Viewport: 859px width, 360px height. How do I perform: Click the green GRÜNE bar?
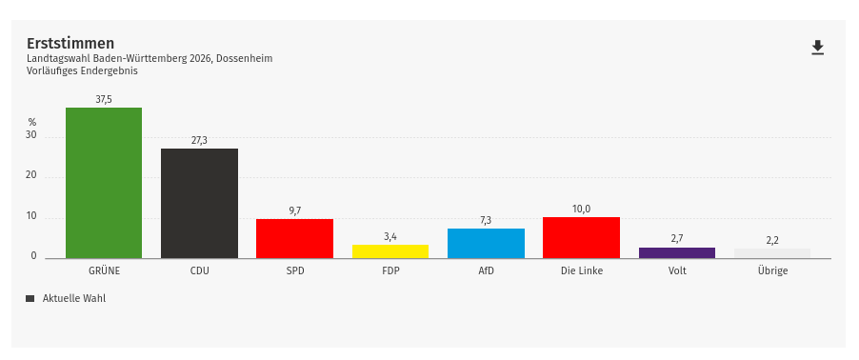coord(104,183)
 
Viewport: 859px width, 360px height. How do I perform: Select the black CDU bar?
coord(199,203)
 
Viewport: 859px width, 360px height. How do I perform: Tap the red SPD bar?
coord(294,238)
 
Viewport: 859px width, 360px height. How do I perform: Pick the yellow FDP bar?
coord(390,251)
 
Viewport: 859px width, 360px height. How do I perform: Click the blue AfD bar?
coord(486,243)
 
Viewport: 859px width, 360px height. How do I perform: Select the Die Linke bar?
coord(581,238)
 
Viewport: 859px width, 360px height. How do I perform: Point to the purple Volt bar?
coord(676,252)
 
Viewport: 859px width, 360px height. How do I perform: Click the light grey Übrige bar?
coord(771,253)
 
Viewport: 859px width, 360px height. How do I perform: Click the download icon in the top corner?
coord(817,48)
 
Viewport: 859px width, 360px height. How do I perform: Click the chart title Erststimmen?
coord(70,43)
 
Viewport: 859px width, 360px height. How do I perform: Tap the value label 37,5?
coord(104,99)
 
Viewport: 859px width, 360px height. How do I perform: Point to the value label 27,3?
coord(199,140)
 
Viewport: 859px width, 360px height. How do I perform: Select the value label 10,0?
coord(581,209)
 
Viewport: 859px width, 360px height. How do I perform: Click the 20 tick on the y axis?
coord(31,175)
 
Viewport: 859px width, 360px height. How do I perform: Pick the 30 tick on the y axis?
coord(31,135)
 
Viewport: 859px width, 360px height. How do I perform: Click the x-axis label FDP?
coord(390,270)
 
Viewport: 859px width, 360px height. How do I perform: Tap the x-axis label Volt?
coord(676,270)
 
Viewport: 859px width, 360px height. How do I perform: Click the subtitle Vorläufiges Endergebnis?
coord(82,70)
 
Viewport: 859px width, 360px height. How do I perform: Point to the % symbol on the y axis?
coord(31,122)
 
